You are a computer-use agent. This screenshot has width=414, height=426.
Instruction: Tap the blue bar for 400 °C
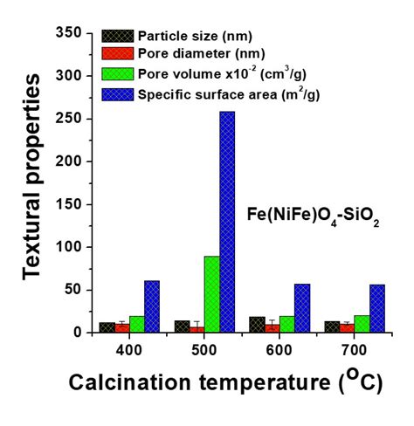click(x=152, y=306)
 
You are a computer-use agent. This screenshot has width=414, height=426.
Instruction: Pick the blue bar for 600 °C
click(x=302, y=308)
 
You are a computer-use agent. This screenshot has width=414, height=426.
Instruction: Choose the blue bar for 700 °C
click(x=376, y=308)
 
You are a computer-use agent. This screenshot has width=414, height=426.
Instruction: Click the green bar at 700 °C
click(x=362, y=324)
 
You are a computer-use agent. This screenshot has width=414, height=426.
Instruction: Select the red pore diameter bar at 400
click(x=122, y=328)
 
